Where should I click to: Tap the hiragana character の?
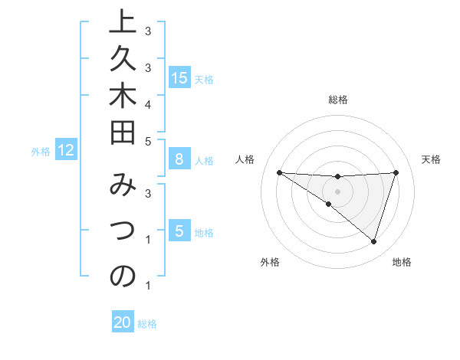pos(123,277)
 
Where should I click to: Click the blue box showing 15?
pos(179,77)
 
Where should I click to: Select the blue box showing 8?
pos(179,159)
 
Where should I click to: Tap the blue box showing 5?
pos(179,231)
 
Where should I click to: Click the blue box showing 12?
pos(66,150)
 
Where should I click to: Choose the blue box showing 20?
pos(123,322)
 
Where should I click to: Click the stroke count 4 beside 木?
pos(147,103)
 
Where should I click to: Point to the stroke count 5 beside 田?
pos(147,141)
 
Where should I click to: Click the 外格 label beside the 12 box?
pos(41,152)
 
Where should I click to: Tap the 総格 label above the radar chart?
pos(337,100)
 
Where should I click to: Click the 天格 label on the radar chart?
pos(431,159)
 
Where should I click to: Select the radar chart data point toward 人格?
pos(279,172)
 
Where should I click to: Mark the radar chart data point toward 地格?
pos(373,241)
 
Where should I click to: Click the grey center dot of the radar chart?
pos(337,191)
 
